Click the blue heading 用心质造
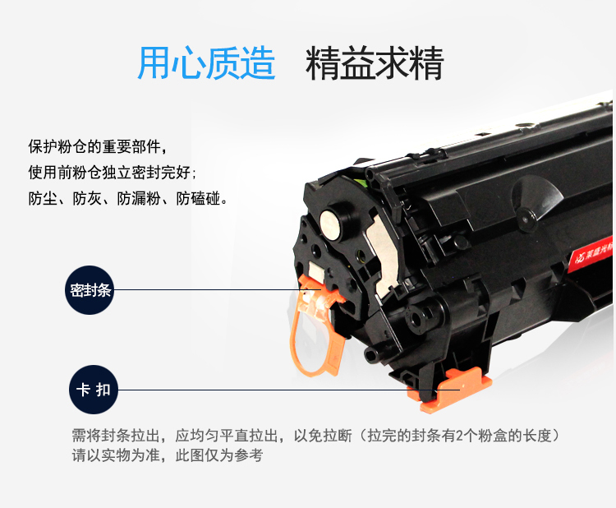pyautogui.click(x=206, y=63)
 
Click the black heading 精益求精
pyautogui.click(x=375, y=63)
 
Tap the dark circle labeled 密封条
pyautogui.click(x=90, y=290)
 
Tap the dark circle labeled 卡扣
pyautogui.click(x=94, y=390)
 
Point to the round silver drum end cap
pyautogui.click(x=331, y=224)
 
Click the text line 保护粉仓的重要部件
pyautogui.click(x=98, y=146)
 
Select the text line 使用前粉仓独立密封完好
pyautogui.click(x=112, y=173)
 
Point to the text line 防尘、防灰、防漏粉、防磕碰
pyautogui.click(x=128, y=199)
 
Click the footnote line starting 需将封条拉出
pyautogui.click(x=315, y=436)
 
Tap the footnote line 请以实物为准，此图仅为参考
pyautogui.click(x=168, y=455)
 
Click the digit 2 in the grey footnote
pyautogui.click(x=459, y=436)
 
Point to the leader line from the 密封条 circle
pyautogui.click(x=218, y=290)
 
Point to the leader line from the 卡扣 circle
pyautogui.click(x=289, y=390)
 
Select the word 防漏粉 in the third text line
pyautogui.click(x=139, y=199)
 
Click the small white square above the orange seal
pyautogui.click(x=316, y=271)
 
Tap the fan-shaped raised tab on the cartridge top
pyautogui.click(x=537, y=199)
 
